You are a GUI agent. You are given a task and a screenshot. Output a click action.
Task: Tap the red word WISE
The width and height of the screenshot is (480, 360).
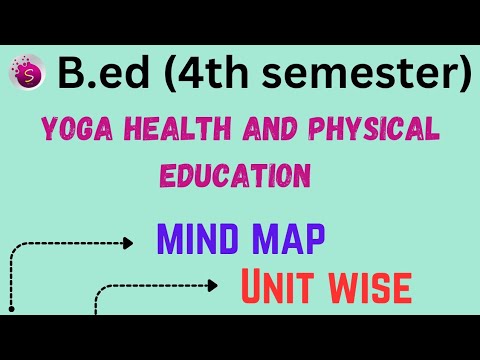(371, 287)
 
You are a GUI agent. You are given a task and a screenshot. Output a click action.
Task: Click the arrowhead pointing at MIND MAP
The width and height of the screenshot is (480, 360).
(129, 242)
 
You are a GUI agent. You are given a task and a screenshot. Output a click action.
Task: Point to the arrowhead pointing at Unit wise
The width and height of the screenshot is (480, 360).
(211, 286)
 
